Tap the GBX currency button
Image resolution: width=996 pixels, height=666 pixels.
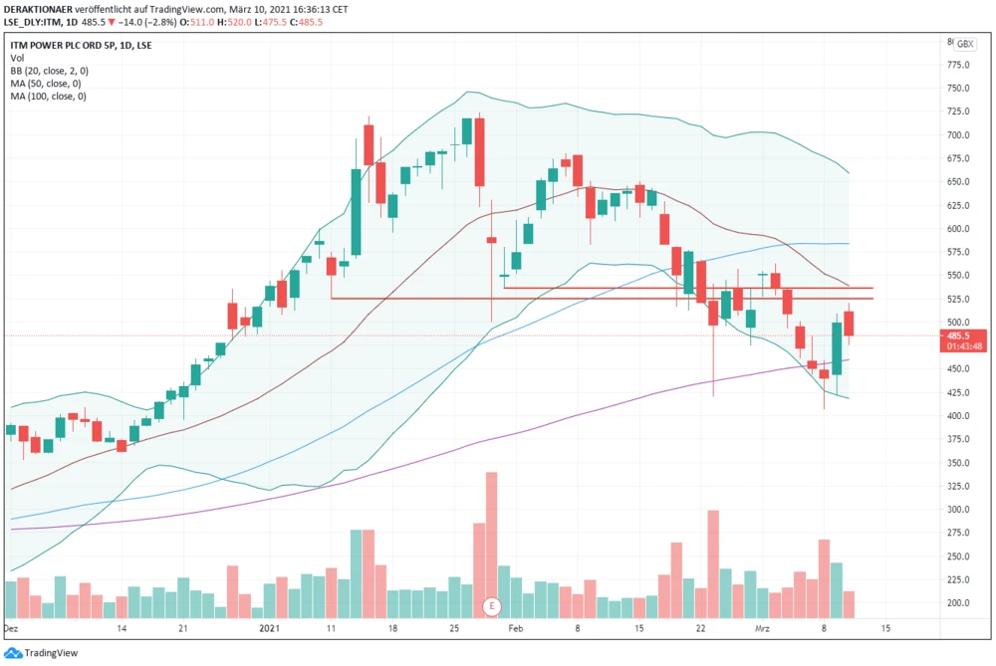(964, 45)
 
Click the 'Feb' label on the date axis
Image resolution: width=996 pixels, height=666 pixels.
(515, 629)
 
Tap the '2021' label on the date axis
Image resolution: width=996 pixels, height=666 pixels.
(270, 629)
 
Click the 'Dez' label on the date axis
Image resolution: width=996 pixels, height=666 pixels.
(12, 629)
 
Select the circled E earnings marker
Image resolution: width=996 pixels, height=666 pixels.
(490, 605)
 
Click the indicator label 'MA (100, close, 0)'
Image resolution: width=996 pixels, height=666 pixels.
(49, 97)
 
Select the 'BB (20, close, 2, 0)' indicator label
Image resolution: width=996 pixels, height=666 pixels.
(50, 71)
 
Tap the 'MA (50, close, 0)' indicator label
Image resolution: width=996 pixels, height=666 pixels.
(47, 84)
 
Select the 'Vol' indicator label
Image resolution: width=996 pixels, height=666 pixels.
(18, 58)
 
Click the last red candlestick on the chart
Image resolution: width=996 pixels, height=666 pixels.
(849, 324)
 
